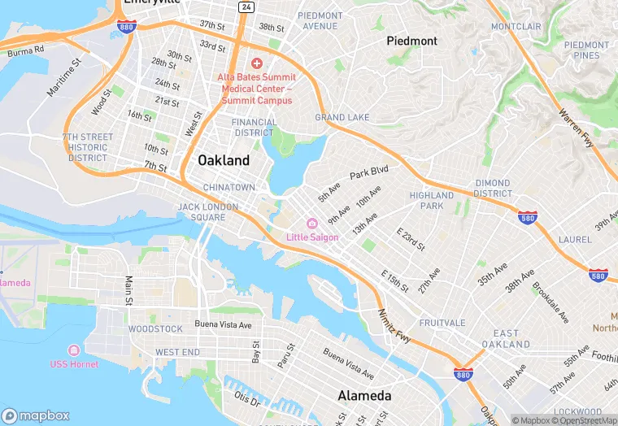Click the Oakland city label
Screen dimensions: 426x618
[x=224, y=161]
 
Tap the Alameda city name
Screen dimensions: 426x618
[x=364, y=397]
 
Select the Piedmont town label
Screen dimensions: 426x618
[x=411, y=41]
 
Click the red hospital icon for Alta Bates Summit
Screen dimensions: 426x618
[x=257, y=63]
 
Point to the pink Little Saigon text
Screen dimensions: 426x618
[x=313, y=237]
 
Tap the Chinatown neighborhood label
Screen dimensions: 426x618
[x=229, y=188]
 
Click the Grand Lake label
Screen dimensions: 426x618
[x=342, y=118]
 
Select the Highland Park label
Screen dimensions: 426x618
[x=432, y=201]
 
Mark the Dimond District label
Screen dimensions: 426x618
[x=493, y=189]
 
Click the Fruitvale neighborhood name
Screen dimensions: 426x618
[x=442, y=323]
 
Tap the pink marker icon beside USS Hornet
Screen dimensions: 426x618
[x=74, y=350]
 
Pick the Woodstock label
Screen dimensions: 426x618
[x=155, y=329]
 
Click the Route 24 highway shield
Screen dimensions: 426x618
[x=246, y=7]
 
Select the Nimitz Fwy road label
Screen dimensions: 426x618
[x=394, y=324]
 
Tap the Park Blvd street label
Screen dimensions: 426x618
[x=369, y=173]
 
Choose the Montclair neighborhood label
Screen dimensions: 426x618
[x=516, y=27]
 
